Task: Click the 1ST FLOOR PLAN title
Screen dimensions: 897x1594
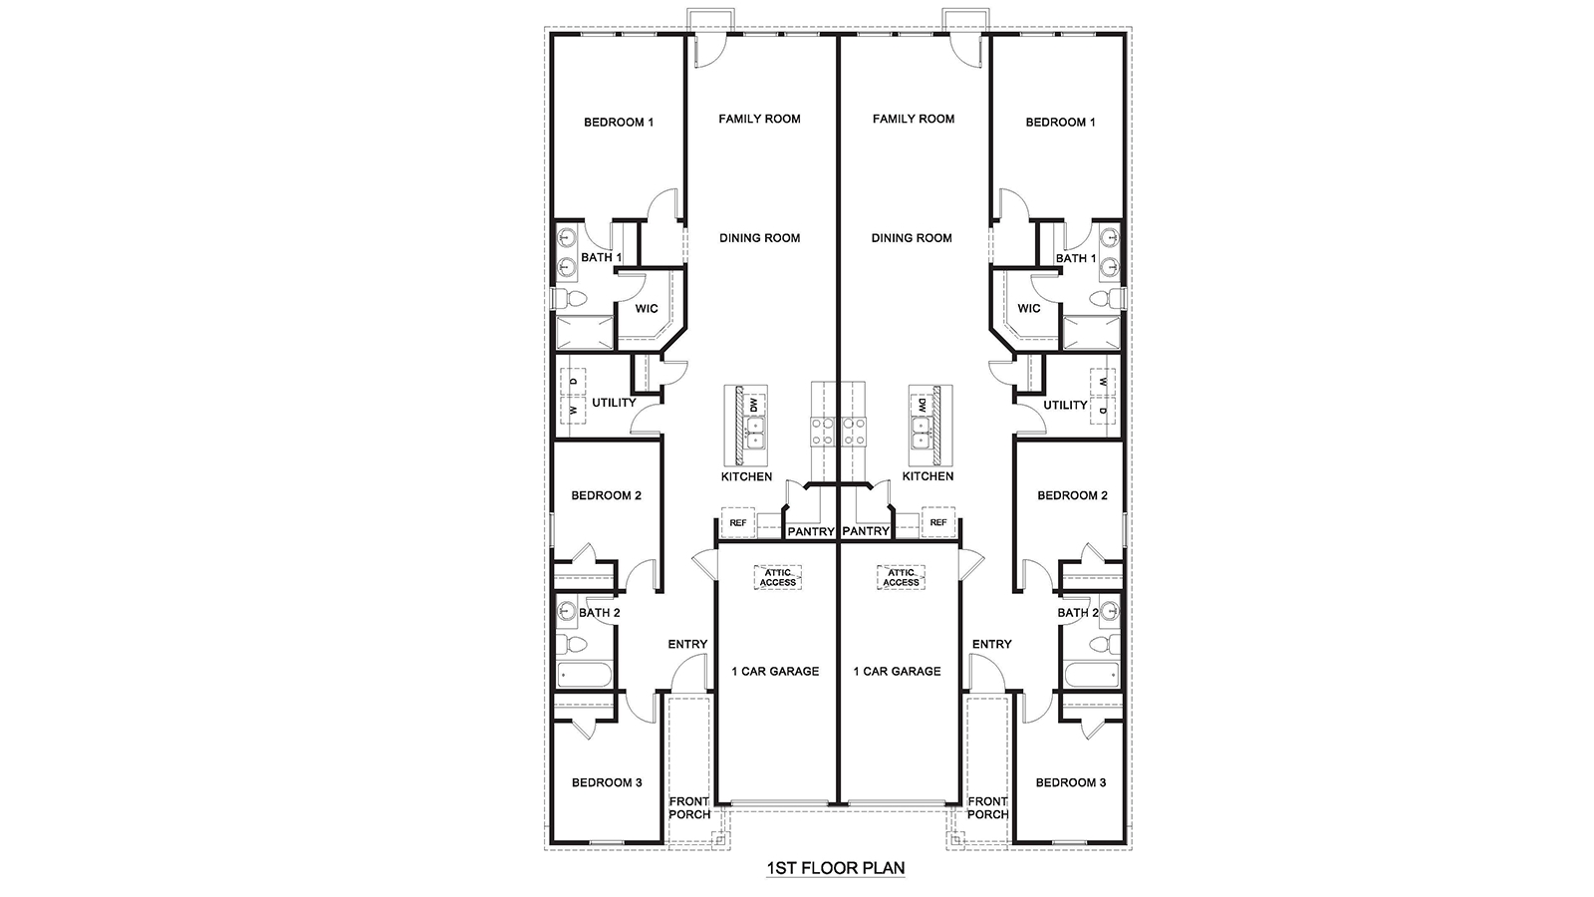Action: tap(835, 868)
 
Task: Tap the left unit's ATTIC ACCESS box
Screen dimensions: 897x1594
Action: tap(778, 577)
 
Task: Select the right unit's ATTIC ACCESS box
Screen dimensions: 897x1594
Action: tap(901, 577)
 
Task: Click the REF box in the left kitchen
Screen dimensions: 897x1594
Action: tap(738, 522)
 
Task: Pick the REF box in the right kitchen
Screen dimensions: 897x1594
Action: tap(937, 522)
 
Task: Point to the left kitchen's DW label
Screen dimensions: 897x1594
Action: tap(754, 405)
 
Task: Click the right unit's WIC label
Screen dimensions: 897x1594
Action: tap(1029, 309)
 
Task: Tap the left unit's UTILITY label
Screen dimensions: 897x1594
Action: tap(614, 404)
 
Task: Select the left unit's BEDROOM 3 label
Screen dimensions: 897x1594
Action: tap(607, 783)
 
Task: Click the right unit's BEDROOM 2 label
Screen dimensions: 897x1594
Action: tap(1072, 495)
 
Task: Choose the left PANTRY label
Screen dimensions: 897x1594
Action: tap(810, 532)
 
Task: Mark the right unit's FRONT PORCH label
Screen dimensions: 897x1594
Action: tap(987, 807)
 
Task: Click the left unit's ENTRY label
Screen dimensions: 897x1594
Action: tap(687, 645)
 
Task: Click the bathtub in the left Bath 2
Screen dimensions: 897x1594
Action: tap(582, 675)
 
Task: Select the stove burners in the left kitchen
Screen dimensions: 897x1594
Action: tap(823, 431)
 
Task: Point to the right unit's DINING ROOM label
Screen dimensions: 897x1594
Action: tap(912, 238)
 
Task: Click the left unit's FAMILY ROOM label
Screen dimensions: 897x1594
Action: tap(759, 119)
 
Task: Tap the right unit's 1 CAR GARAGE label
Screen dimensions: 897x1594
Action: tap(897, 672)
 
